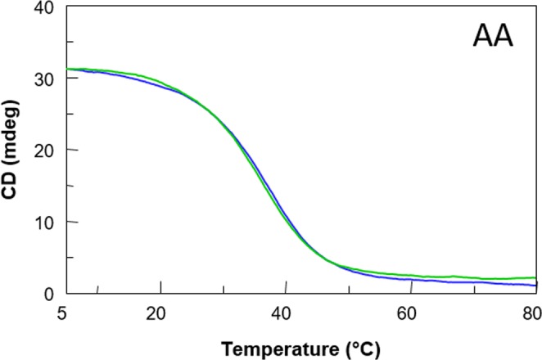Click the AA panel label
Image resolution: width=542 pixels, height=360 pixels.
click(x=493, y=37)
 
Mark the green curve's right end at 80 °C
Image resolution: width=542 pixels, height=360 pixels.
click(x=535, y=278)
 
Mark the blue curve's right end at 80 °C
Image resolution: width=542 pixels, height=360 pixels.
click(x=535, y=285)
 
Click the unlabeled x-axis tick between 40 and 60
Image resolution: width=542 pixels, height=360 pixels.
click(x=349, y=290)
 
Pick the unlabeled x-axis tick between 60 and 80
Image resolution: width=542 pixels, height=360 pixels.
click(x=474, y=290)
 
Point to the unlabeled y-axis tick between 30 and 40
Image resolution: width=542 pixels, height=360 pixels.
click(x=71, y=43)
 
